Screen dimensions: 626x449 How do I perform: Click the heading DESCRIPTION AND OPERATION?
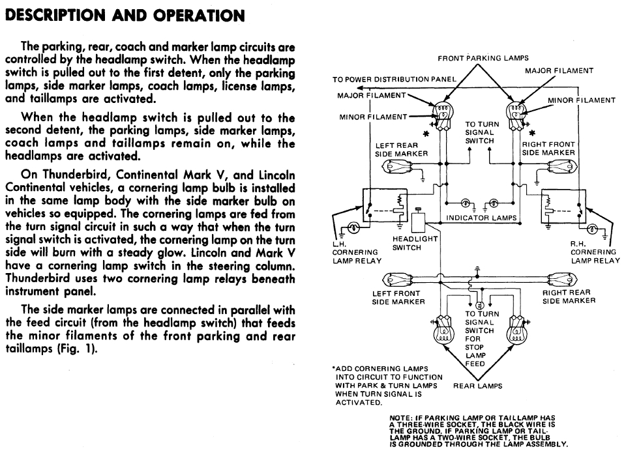click(x=125, y=15)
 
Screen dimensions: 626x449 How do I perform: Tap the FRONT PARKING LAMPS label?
click(x=483, y=58)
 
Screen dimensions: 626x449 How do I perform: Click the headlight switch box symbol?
click(x=419, y=222)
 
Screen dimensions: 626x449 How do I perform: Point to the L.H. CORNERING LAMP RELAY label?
click(x=357, y=252)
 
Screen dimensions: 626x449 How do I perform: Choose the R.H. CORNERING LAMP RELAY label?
click(x=595, y=252)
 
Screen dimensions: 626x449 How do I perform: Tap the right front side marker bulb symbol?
click(x=563, y=166)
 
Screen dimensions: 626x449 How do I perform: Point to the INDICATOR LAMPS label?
click(x=481, y=218)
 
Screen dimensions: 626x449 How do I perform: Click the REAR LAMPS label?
click(x=477, y=386)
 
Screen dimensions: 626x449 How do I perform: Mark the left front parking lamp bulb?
click(x=441, y=115)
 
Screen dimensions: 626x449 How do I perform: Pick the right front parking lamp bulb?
click(x=515, y=115)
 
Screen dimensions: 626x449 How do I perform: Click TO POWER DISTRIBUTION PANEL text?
click(x=394, y=79)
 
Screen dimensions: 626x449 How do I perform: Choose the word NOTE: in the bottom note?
click(x=400, y=418)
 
